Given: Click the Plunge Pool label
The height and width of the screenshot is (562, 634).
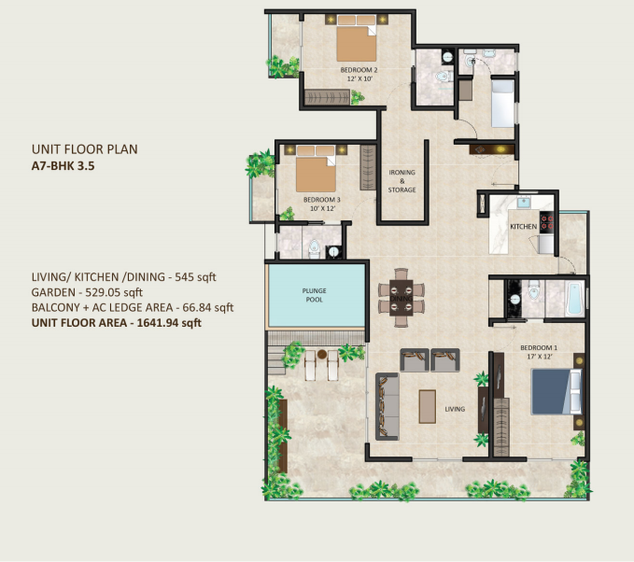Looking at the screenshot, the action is tap(314, 295).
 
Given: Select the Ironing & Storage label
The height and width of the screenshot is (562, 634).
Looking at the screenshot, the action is tap(402, 181).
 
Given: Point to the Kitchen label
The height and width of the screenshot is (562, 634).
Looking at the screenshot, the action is tap(523, 227).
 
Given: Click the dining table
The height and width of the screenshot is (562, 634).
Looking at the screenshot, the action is tap(402, 298).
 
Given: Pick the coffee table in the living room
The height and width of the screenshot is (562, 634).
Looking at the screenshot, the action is tap(427, 406).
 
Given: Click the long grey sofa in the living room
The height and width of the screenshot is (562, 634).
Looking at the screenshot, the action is tap(387, 406).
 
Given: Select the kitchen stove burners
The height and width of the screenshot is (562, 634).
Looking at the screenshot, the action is tap(547, 223).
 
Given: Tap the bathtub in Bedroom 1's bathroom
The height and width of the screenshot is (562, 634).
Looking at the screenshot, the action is tap(574, 299).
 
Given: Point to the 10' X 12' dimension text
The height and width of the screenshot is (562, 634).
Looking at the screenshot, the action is tap(322, 208).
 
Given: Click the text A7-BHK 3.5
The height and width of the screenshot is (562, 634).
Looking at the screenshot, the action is tap(63, 166).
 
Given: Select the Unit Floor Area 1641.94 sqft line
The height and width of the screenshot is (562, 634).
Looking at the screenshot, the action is tap(117, 323).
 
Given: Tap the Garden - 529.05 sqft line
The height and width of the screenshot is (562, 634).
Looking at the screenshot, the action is tap(88, 292).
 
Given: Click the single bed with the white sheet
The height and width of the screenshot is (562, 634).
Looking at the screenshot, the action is tap(502, 103).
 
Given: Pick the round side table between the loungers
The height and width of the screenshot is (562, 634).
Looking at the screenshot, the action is tap(322, 354).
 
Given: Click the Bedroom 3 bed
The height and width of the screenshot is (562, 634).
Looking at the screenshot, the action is tap(316, 169).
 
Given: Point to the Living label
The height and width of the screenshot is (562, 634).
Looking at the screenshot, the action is tap(455, 409).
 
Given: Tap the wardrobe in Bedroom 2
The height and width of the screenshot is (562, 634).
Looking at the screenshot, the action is tap(327, 97).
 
